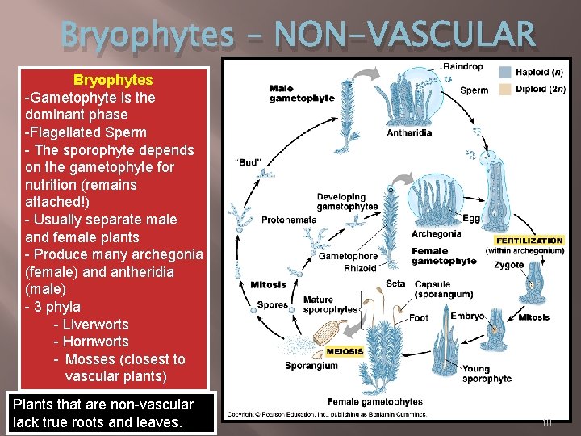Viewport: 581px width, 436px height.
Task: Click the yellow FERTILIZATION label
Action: [529, 241]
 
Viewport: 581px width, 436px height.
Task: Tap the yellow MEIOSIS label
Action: [345, 351]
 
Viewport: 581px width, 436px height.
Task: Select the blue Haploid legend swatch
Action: [504, 72]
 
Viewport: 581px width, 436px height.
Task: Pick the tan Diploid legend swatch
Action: [504, 89]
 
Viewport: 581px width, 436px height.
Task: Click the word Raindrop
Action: [463, 65]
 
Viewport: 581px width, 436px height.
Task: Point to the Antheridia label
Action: [409, 133]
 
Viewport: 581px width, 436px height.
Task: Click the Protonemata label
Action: [289, 220]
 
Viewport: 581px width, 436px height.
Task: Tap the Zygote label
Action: [509, 265]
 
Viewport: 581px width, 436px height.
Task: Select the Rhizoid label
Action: [360, 268]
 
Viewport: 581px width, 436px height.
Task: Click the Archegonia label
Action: [437, 234]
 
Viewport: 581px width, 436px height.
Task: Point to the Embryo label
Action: [444, 317]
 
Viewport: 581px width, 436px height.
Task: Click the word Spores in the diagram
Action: [272, 305]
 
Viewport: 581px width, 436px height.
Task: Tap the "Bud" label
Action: [248, 162]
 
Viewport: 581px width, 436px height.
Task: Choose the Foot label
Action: [419, 317]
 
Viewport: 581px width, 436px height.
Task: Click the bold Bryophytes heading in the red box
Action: [113, 80]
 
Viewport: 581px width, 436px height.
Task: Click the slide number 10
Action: [546, 421]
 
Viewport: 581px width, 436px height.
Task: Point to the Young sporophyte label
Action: [487, 374]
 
